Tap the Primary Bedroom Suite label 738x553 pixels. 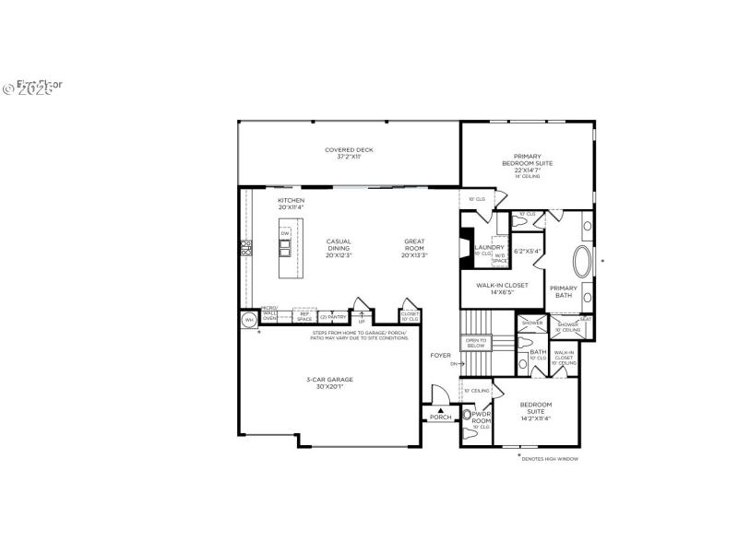point(528,162)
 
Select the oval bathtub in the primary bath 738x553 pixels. point(585,263)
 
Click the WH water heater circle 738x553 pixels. point(248,320)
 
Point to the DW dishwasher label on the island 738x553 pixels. point(285,234)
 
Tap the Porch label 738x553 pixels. point(441,417)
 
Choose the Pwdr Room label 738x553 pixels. point(482,418)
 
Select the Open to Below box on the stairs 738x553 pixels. point(476,344)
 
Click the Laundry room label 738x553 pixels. point(489,247)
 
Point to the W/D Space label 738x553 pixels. point(499,259)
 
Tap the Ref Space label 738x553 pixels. point(304,316)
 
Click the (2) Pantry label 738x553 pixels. point(333,317)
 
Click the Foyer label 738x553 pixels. point(441,355)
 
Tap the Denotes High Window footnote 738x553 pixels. point(550,458)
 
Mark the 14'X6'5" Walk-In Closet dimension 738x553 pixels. point(502,292)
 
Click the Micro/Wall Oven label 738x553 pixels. point(269,313)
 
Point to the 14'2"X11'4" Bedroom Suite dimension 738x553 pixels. point(535,419)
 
